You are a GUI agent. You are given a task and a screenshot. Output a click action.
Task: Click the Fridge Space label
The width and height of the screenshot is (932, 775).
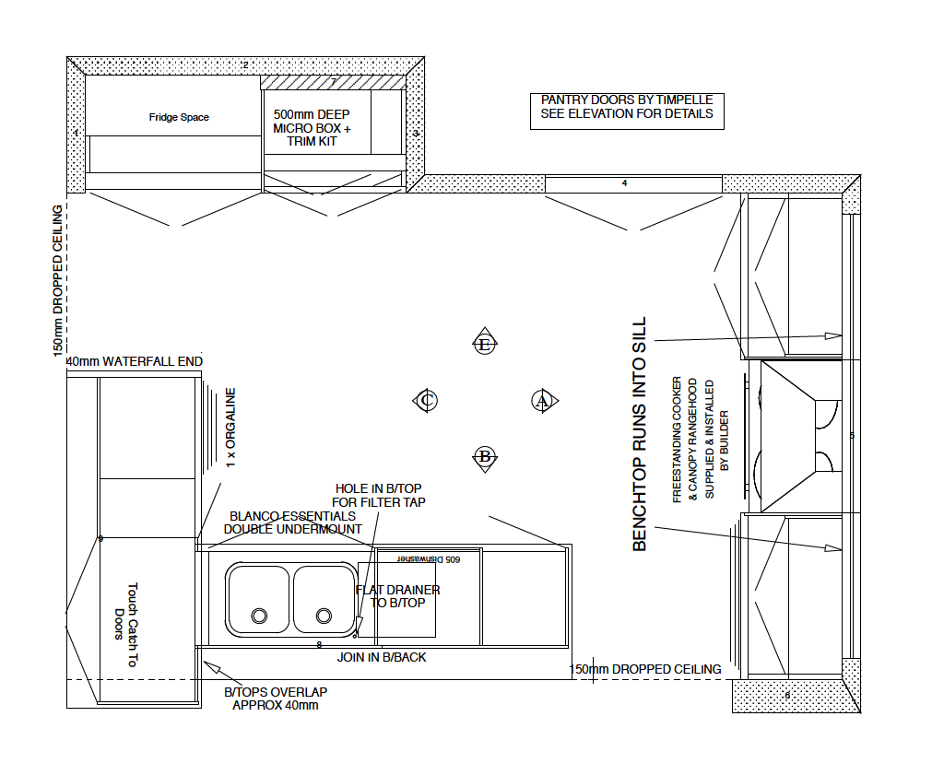179,117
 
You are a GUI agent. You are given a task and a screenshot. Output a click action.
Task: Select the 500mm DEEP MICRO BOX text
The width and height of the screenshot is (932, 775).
313,128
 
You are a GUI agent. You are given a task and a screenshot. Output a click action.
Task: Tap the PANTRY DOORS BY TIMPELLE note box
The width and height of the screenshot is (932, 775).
627,107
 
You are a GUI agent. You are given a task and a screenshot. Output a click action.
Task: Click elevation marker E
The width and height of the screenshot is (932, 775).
484,344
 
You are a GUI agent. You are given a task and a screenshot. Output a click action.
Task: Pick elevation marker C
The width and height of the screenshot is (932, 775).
426,400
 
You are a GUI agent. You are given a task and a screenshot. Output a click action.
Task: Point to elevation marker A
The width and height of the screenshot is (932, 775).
542,400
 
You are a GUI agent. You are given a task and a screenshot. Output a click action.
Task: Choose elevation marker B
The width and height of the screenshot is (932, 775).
484,456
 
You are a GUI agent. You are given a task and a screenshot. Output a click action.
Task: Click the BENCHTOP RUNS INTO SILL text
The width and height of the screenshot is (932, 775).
640,435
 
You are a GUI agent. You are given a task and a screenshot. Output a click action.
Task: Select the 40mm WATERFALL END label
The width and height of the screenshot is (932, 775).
135,361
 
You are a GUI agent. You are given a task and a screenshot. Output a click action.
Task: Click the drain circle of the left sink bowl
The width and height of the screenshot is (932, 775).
259,615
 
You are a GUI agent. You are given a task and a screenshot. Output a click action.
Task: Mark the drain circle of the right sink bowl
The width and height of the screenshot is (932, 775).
324,615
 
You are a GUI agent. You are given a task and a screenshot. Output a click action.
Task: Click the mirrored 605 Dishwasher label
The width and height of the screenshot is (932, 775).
428,558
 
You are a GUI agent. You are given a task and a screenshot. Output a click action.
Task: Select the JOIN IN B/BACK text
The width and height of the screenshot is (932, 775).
382,657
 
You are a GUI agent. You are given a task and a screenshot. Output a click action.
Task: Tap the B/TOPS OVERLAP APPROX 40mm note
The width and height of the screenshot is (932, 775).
276,698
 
